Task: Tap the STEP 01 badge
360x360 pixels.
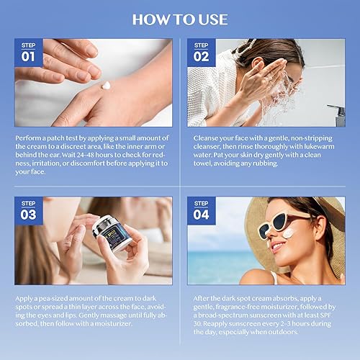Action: point(28,52)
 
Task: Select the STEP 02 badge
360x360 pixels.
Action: point(202,52)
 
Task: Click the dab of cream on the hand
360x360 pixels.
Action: point(106,86)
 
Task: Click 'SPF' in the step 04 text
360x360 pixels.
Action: point(330,315)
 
